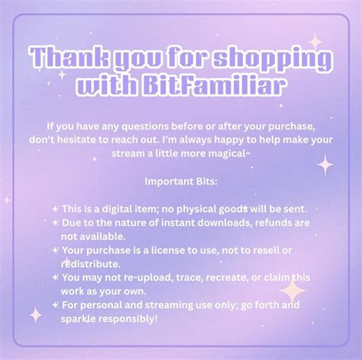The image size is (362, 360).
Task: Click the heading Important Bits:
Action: coord(181,182)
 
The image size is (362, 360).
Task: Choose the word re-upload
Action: coord(129,277)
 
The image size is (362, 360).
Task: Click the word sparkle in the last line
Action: coord(78,318)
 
